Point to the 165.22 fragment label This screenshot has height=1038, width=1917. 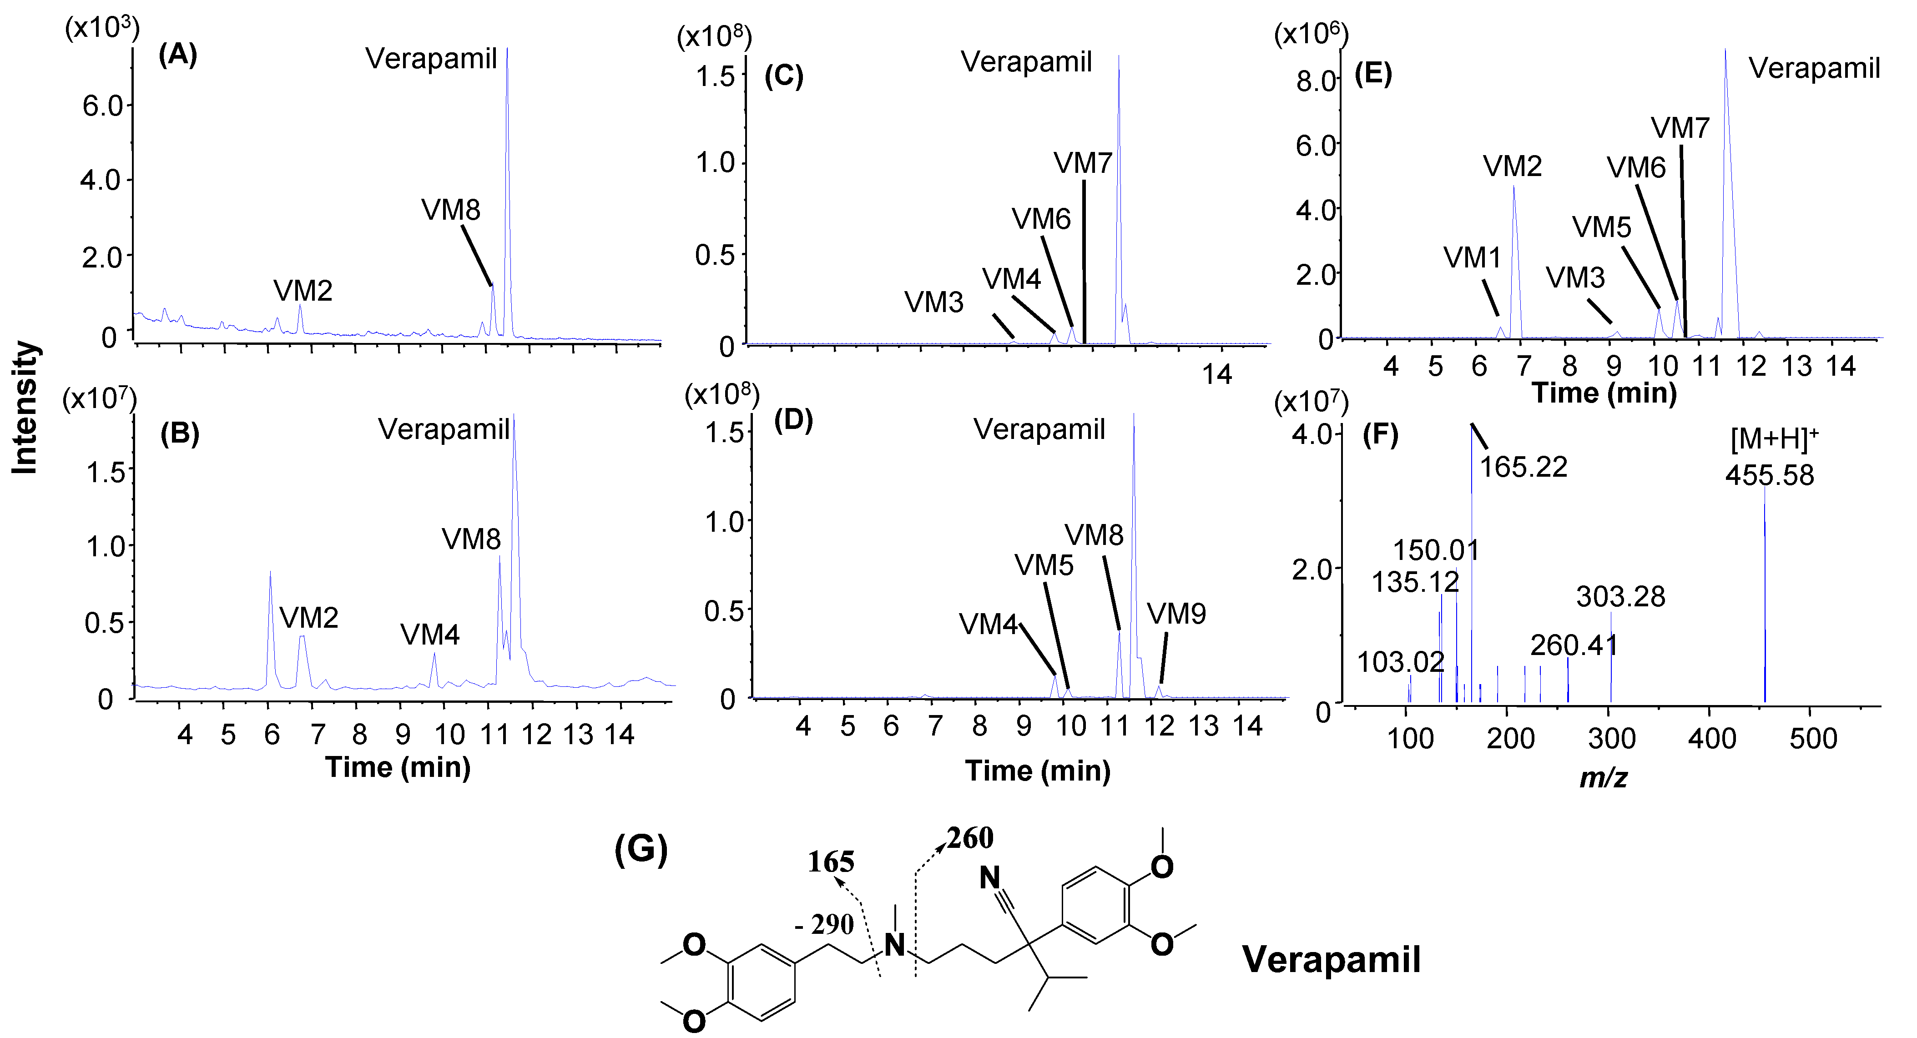point(1523,467)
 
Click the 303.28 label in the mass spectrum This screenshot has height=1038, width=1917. point(1620,597)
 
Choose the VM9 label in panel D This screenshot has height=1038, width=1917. point(1176,614)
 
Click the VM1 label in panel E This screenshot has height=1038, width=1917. point(1472,258)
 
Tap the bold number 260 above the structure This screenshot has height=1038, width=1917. point(970,839)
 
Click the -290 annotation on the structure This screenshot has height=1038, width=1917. point(824,925)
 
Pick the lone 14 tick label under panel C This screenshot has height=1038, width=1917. point(1217,374)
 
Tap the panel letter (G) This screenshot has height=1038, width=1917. point(640,850)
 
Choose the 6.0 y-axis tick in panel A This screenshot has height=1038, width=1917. point(103,106)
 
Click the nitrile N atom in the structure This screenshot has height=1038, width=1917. point(990,878)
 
